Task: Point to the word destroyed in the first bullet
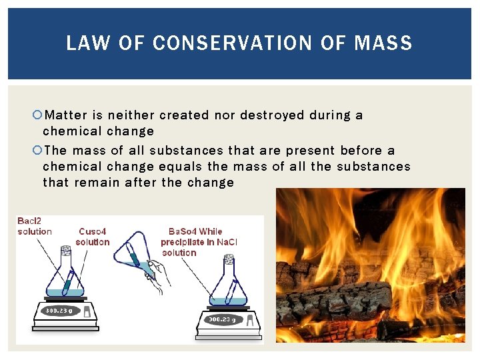click(x=271, y=115)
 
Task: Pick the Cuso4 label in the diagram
click(x=93, y=231)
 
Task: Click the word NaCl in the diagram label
click(x=227, y=242)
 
